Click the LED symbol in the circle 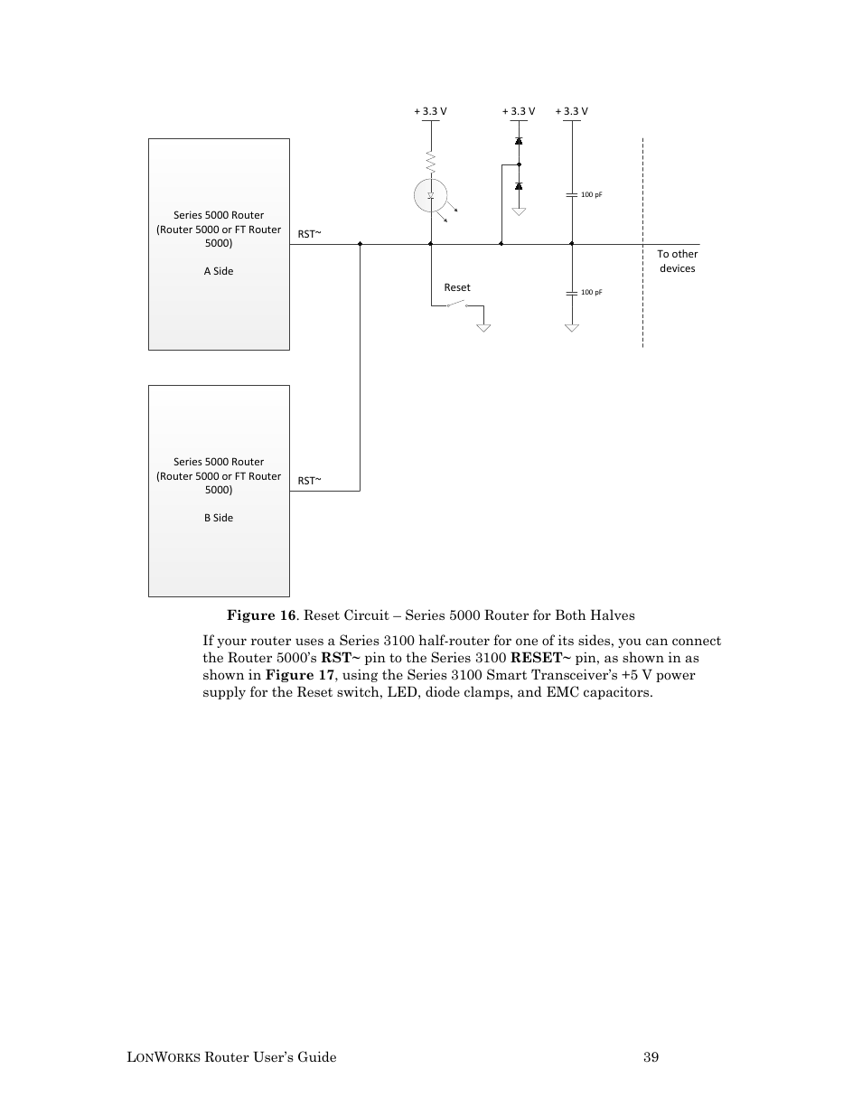point(431,194)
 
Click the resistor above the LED point(431,163)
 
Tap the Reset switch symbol point(456,305)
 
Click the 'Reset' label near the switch point(457,287)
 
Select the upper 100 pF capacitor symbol point(571,194)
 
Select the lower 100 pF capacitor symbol point(571,293)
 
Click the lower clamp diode point(519,186)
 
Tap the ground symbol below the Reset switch point(483,327)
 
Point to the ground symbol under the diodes point(519,211)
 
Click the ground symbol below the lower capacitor point(571,327)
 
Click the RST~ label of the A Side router point(310,234)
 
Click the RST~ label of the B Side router point(310,481)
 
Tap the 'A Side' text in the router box point(219,271)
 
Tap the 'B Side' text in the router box point(219,518)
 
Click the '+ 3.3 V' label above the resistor point(430,112)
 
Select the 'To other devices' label point(677,261)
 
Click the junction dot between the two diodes point(519,164)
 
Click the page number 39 point(651,1057)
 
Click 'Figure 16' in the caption point(261,615)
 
